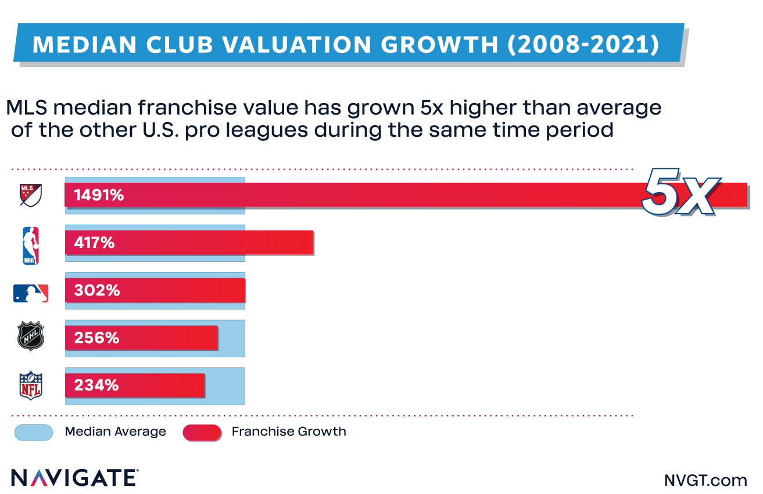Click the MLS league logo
31,195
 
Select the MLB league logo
31,293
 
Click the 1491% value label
99,196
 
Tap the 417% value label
94,243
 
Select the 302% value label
96,290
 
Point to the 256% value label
96,338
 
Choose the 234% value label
96,385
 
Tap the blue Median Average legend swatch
33,432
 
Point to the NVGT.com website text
705,480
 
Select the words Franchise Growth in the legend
289,432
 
